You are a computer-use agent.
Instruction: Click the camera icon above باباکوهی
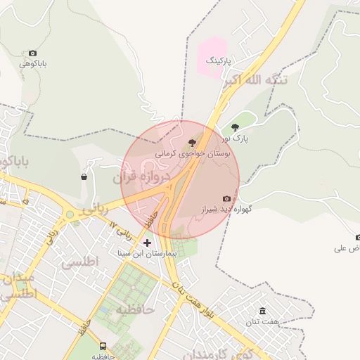(x=32, y=53)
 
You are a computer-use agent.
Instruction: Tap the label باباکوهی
(x=33, y=64)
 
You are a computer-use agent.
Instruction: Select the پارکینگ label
(x=218, y=62)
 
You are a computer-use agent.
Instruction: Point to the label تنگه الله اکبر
(x=255, y=80)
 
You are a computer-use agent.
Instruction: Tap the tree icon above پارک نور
(x=235, y=127)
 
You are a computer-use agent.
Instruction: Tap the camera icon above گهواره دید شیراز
(x=226, y=198)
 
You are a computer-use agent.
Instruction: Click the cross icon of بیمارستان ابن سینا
(x=146, y=243)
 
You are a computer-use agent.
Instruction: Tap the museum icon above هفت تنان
(x=263, y=311)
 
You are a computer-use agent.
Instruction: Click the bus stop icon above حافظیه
(x=103, y=346)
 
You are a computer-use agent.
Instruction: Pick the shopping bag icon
(x=84, y=176)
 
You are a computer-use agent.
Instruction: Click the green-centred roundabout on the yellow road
(x=69, y=214)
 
